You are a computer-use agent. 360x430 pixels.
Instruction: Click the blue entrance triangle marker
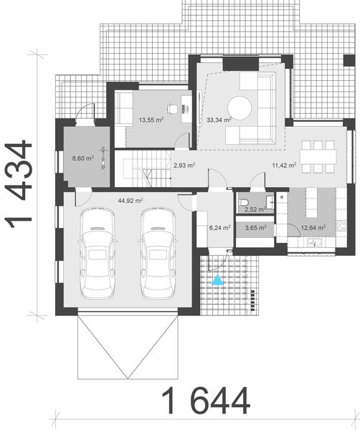[217, 280]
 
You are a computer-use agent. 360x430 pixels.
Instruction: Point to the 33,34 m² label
[218, 120]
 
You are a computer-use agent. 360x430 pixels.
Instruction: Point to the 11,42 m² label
[284, 165]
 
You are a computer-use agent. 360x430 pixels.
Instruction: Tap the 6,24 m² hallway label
[219, 228]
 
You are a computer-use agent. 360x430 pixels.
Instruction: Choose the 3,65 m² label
[255, 228]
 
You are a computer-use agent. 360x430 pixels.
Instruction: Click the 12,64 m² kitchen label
[314, 228]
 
